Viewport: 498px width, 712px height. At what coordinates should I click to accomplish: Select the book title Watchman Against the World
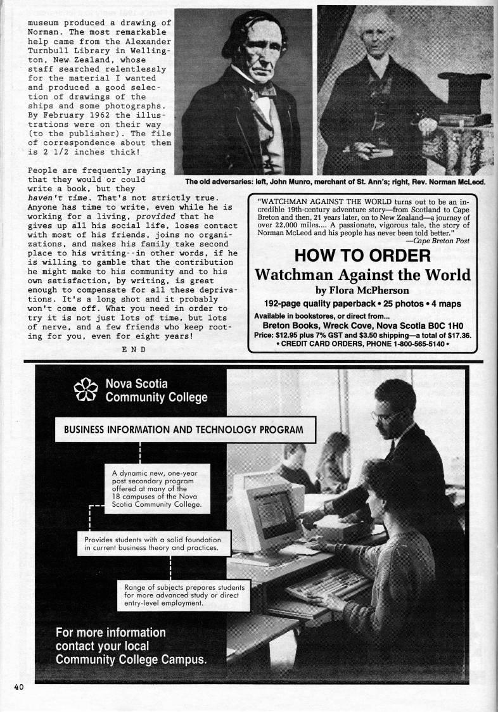[x=362, y=274]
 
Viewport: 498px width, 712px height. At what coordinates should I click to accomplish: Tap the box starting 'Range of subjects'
[x=184, y=594]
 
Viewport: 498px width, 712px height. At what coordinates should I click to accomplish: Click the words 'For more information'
[x=111, y=632]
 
